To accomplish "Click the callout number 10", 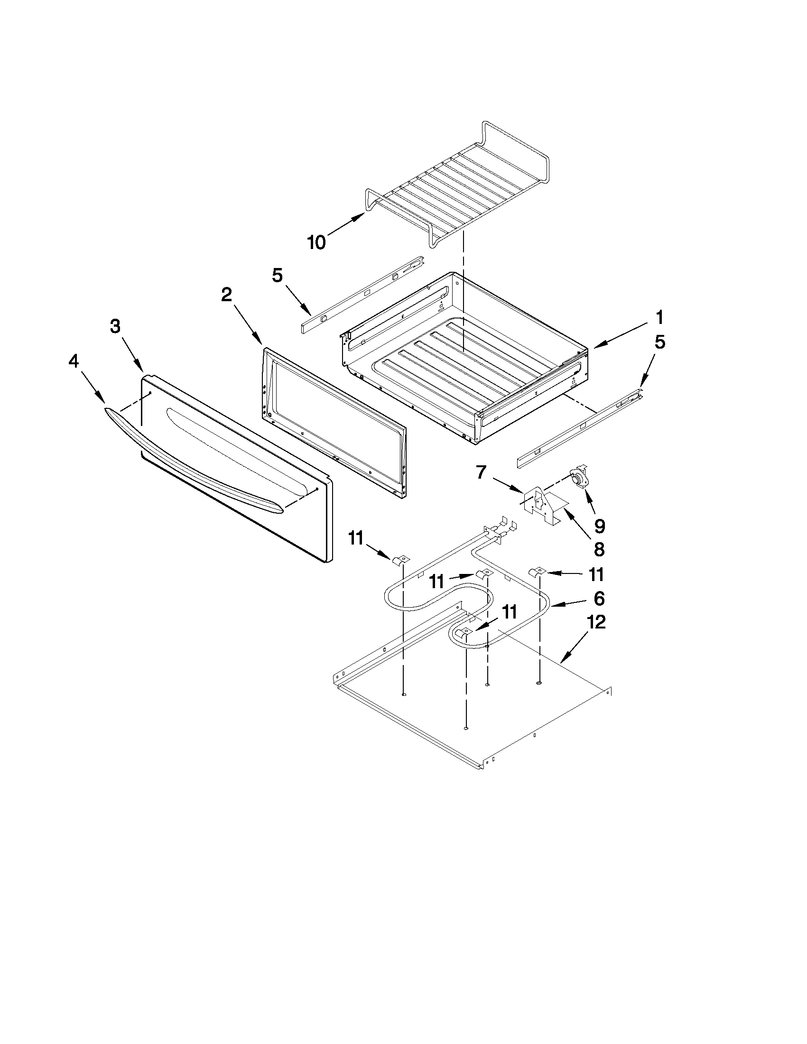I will tap(316, 242).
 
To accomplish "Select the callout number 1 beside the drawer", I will tap(659, 317).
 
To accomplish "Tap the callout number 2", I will tap(226, 295).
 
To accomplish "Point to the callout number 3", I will tap(115, 326).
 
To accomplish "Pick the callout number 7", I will tap(481, 473).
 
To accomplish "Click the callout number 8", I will tap(599, 549).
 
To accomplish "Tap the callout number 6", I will tap(599, 598).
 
